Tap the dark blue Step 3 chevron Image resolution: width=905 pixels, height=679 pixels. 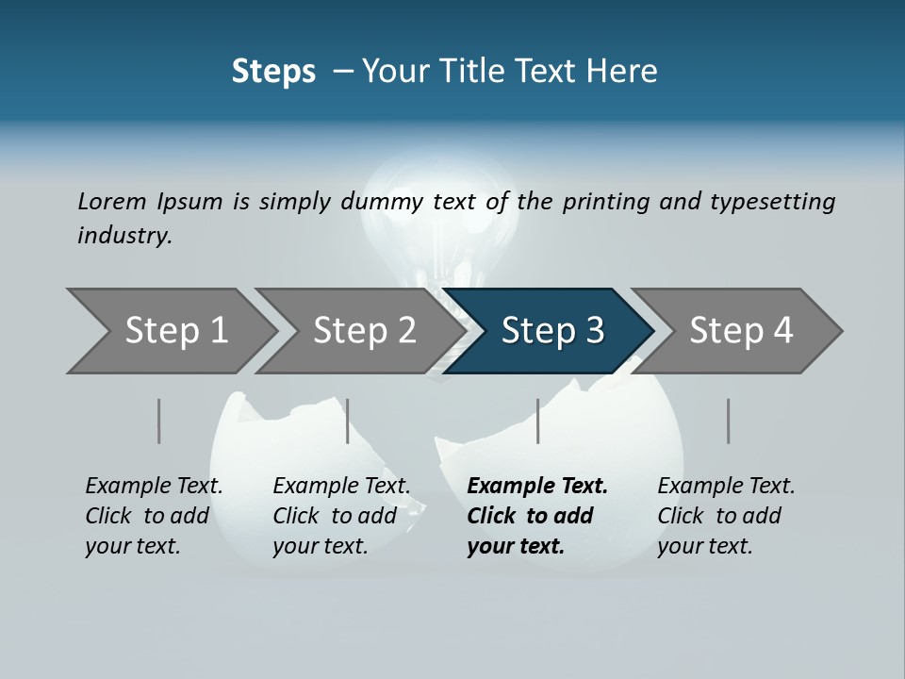point(551,331)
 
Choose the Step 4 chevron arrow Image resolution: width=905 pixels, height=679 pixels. point(740,331)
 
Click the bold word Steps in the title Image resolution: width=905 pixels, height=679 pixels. point(273,72)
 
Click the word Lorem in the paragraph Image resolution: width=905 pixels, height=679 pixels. point(111,202)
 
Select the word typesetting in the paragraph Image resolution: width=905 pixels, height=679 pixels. point(772,202)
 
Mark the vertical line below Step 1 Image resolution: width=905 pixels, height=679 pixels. point(159,421)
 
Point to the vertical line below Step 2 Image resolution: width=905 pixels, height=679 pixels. point(348,421)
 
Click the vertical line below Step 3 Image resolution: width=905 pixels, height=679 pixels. point(538,421)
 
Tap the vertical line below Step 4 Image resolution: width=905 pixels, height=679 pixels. point(729,421)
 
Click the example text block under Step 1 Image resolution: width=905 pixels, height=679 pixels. point(154,516)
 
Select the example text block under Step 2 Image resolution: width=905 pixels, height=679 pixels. point(341,516)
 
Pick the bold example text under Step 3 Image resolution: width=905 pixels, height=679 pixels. point(537,516)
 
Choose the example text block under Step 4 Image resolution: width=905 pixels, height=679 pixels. point(726,516)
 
